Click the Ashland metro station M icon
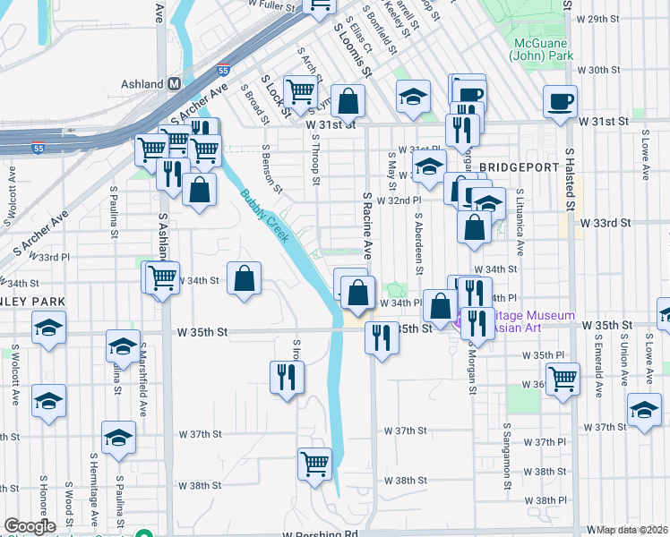[175, 83]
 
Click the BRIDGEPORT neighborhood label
[512, 167]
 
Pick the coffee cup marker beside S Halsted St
[561, 101]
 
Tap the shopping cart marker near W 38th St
[315, 465]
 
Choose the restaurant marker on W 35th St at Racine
[382, 338]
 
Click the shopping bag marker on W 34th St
[244, 278]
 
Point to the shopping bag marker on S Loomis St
[348, 101]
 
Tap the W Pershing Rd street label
[319, 533]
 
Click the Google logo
[30, 526]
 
